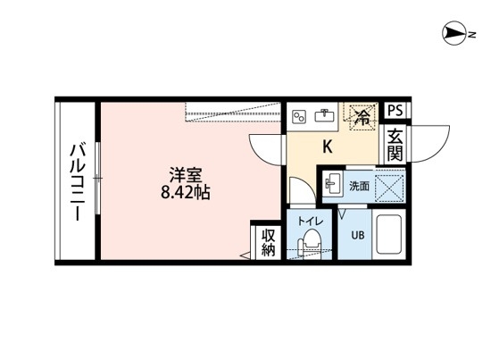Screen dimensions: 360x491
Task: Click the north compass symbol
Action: (455, 36)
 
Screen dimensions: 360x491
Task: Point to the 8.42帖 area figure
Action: (185, 192)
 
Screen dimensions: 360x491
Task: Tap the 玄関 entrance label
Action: (394, 145)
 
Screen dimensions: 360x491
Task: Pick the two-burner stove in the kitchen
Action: (301, 115)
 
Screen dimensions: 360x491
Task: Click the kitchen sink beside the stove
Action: (325, 115)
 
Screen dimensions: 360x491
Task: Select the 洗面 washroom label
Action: (358, 186)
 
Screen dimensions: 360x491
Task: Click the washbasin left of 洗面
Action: (333, 184)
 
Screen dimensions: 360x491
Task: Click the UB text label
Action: (356, 236)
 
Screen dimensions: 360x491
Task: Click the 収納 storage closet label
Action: (268, 241)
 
